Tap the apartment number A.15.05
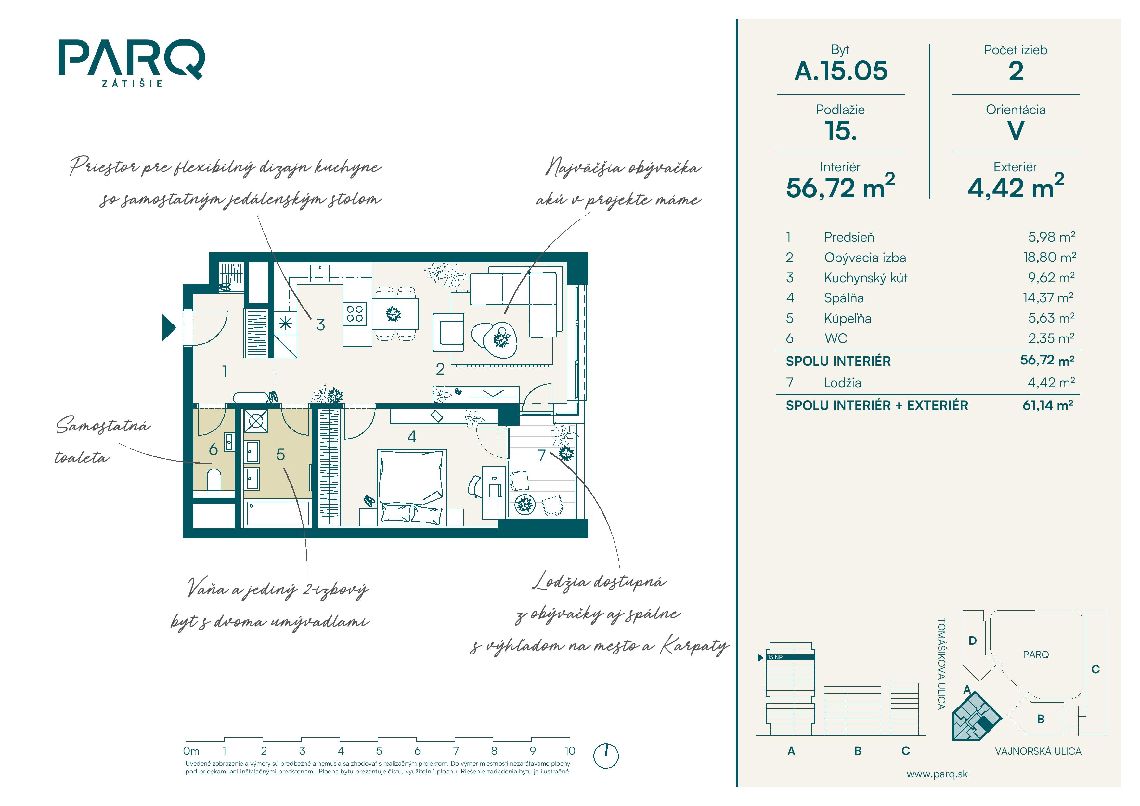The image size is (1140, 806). click(x=841, y=71)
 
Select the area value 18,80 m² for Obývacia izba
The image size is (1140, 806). click(x=1049, y=257)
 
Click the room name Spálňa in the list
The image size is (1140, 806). click(x=844, y=298)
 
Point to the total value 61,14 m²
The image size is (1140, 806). click(x=1048, y=405)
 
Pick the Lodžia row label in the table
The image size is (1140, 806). click(x=842, y=383)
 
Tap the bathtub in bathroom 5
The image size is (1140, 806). click(x=277, y=513)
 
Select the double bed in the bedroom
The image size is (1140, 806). click(x=411, y=487)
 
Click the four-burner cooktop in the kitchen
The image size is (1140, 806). click(x=355, y=314)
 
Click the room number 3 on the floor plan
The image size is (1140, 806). click(x=321, y=325)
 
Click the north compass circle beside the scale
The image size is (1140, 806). click(x=606, y=756)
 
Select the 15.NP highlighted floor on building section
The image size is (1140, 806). click(x=790, y=657)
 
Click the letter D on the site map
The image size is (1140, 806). click(x=973, y=641)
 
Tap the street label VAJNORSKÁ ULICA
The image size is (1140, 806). click(x=1038, y=751)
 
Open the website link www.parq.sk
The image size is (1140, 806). click(x=937, y=774)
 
